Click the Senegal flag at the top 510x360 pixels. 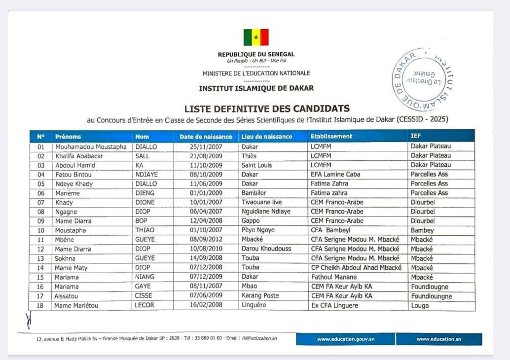256,37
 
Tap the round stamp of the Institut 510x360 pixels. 423,79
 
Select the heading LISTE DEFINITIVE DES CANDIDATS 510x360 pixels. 267,108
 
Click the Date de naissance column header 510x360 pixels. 206,137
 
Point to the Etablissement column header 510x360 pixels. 331,136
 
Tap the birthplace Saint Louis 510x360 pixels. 256,165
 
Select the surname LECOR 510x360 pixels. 145,305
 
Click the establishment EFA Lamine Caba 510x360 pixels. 335,174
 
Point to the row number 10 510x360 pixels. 41,230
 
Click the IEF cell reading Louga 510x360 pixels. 420,305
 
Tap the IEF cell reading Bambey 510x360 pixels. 422,230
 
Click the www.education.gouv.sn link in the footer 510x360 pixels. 345,339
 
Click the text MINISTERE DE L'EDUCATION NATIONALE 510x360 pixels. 256,73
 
